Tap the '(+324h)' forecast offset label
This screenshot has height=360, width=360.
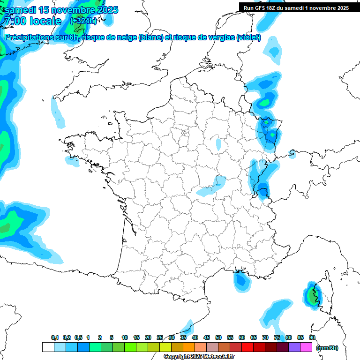tap(83, 21)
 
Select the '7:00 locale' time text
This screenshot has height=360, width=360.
tap(33, 21)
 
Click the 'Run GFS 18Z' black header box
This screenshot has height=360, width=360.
tap(296, 7)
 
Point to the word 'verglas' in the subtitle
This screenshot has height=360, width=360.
tap(219, 37)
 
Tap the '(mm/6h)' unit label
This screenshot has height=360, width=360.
tap(327, 347)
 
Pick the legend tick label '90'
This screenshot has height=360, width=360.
tap(312, 337)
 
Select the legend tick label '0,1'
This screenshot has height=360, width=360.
tap(54, 337)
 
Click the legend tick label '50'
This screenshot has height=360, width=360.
tap(218, 337)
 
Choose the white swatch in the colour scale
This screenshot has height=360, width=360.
tap(48, 347)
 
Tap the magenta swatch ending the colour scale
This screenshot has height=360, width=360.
tap(306, 347)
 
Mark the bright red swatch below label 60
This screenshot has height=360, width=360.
tap(247, 347)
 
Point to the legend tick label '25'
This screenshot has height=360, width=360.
tap(160, 337)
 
